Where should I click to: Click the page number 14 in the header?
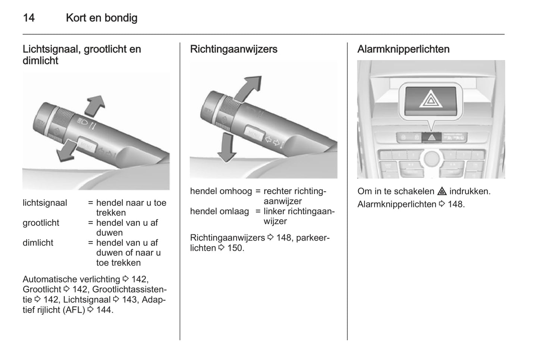(x=29, y=18)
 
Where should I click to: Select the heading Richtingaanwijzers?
(x=234, y=49)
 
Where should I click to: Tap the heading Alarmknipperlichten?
(x=403, y=49)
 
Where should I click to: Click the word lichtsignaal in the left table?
(x=45, y=203)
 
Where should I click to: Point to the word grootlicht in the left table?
(x=41, y=223)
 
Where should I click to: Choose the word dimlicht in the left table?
(x=38, y=243)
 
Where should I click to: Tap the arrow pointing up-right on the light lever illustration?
(x=94, y=106)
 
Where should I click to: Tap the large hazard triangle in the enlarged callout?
(x=430, y=99)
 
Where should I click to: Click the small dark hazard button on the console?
(x=432, y=137)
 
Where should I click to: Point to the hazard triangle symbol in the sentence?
(x=442, y=192)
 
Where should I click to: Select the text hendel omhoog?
(x=221, y=191)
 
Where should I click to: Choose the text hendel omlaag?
(x=219, y=212)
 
